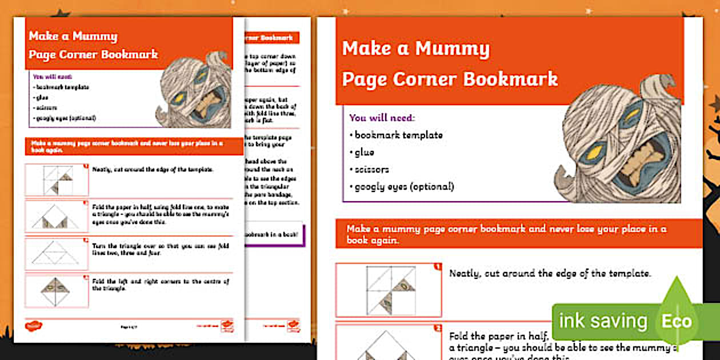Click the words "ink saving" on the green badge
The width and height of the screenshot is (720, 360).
pyautogui.click(x=602, y=321)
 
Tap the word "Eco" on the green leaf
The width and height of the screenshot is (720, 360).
pyautogui.click(x=677, y=321)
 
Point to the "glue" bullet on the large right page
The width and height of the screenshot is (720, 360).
pyautogui.click(x=363, y=153)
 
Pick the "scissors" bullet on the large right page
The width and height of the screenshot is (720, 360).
pyautogui.click(x=371, y=170)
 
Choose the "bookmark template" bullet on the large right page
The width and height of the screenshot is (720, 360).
pyautogui.click(x=398, y=135)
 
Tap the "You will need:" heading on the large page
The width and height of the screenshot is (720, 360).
pyautogui.click(x=382, y=118)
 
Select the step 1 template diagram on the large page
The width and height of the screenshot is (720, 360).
pyautogui.click(x=389, y=290)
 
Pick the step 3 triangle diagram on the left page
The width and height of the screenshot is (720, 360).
pyautogui.click(x=57, y=254)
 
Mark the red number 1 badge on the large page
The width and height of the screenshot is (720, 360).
pyautogui.click(x=438, y=267)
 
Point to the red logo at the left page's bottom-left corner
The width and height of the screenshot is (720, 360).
pyautogui.click(x=34, y=326)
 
